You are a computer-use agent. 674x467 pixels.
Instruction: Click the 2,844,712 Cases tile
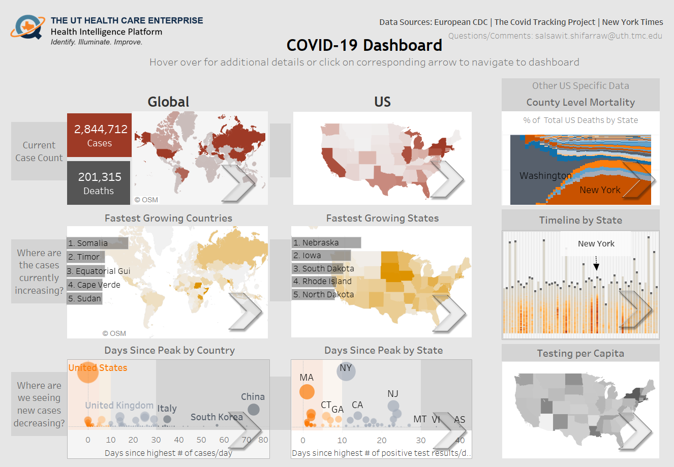pos(100,135)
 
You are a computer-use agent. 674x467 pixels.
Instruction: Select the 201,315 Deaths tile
pos(99,183)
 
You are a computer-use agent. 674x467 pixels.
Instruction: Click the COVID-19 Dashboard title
pos(364,45)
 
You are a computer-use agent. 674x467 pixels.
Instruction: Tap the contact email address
pos(555,36)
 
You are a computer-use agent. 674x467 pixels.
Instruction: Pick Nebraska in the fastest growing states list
pos(316,243)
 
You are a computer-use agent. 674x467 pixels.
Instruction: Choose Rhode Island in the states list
pos(322,282)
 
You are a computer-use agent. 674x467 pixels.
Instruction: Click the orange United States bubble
pos(87,372)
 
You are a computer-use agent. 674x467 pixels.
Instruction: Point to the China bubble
pos(253,409)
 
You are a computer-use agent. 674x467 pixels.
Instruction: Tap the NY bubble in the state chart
pos(346,371)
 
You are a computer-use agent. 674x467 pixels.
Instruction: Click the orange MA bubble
pos(307,392)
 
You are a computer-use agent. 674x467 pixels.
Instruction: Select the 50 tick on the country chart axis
pos(201,440)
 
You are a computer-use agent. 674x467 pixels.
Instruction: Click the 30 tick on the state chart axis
pos(421,441)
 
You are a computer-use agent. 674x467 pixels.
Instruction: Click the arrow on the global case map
pos(238,182)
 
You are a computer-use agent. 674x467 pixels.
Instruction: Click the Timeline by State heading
pos(580,221)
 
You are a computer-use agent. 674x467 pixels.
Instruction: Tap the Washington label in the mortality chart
pos(545,176)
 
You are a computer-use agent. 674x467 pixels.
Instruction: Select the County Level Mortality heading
pos(580,103)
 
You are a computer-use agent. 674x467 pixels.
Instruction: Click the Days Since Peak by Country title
pos(169,351)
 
